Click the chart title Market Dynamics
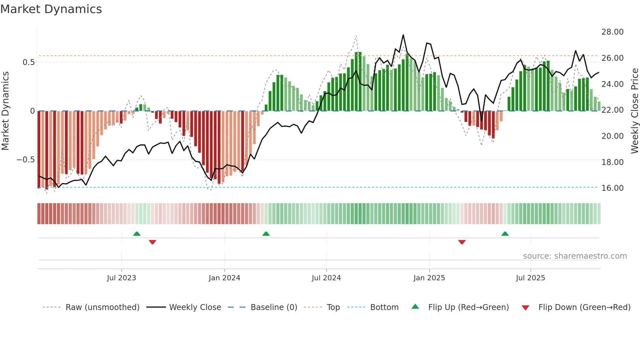51,9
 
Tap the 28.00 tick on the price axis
612,32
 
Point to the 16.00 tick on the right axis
612,188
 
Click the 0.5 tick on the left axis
28,62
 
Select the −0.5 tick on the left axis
25,160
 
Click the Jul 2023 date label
121,278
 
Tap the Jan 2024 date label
224,278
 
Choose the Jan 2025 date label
429,278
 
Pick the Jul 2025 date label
530,278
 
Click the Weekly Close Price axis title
634,111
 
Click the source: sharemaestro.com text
575,256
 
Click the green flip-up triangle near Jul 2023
137,234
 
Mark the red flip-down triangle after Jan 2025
462,242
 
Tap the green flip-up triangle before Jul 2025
505,234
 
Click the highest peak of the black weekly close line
403,35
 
